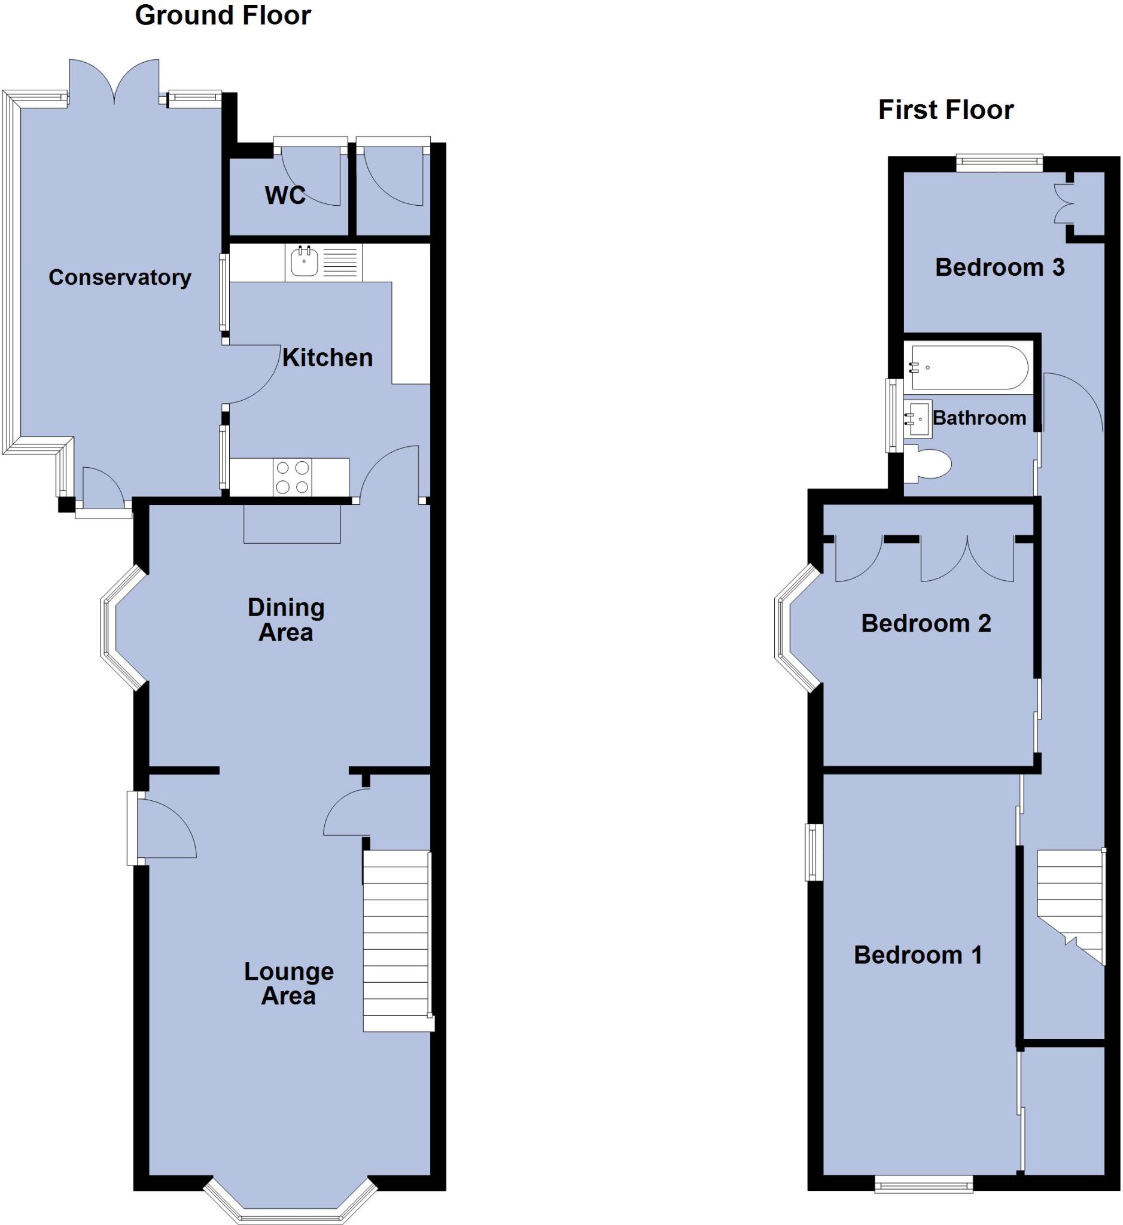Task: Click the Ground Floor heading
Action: click(x=223, y=16)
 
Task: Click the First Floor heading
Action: click(x=945, y=110)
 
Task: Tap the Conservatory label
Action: click(x=120, y=278)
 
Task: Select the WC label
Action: click(x=285, y=195)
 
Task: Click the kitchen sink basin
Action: click(x=304, y=262)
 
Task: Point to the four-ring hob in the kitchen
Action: click(x=293, y=477)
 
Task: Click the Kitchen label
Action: click(x=327, y=358)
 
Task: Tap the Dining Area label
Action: click(x=285, y=620)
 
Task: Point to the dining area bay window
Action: click(x=115, y=628)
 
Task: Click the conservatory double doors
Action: click(x=114, y=82)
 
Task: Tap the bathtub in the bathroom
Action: click(x=969, y=368)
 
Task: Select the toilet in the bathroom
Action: click(x=930, y=465)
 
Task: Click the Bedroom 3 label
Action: click(x=1000, y=267)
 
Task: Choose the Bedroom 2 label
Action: click(x=926, y=623)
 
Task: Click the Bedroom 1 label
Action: click(x=918, y=955)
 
